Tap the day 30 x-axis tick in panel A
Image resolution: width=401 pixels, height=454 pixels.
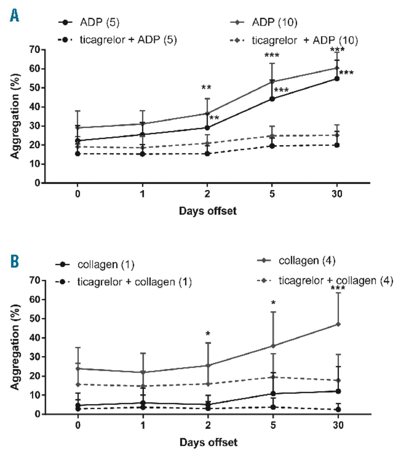337,194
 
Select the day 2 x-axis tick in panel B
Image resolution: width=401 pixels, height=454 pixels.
208,425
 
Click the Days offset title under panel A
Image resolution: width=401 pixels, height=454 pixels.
207,211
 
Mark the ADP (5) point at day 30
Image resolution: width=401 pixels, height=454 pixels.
337,79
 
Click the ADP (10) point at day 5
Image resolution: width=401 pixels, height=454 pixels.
272,82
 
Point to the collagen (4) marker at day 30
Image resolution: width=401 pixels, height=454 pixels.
338,324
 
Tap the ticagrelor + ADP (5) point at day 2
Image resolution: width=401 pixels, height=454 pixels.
207,154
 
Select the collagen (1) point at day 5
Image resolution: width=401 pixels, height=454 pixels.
273,394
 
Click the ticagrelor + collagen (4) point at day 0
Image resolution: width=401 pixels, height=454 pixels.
78,384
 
